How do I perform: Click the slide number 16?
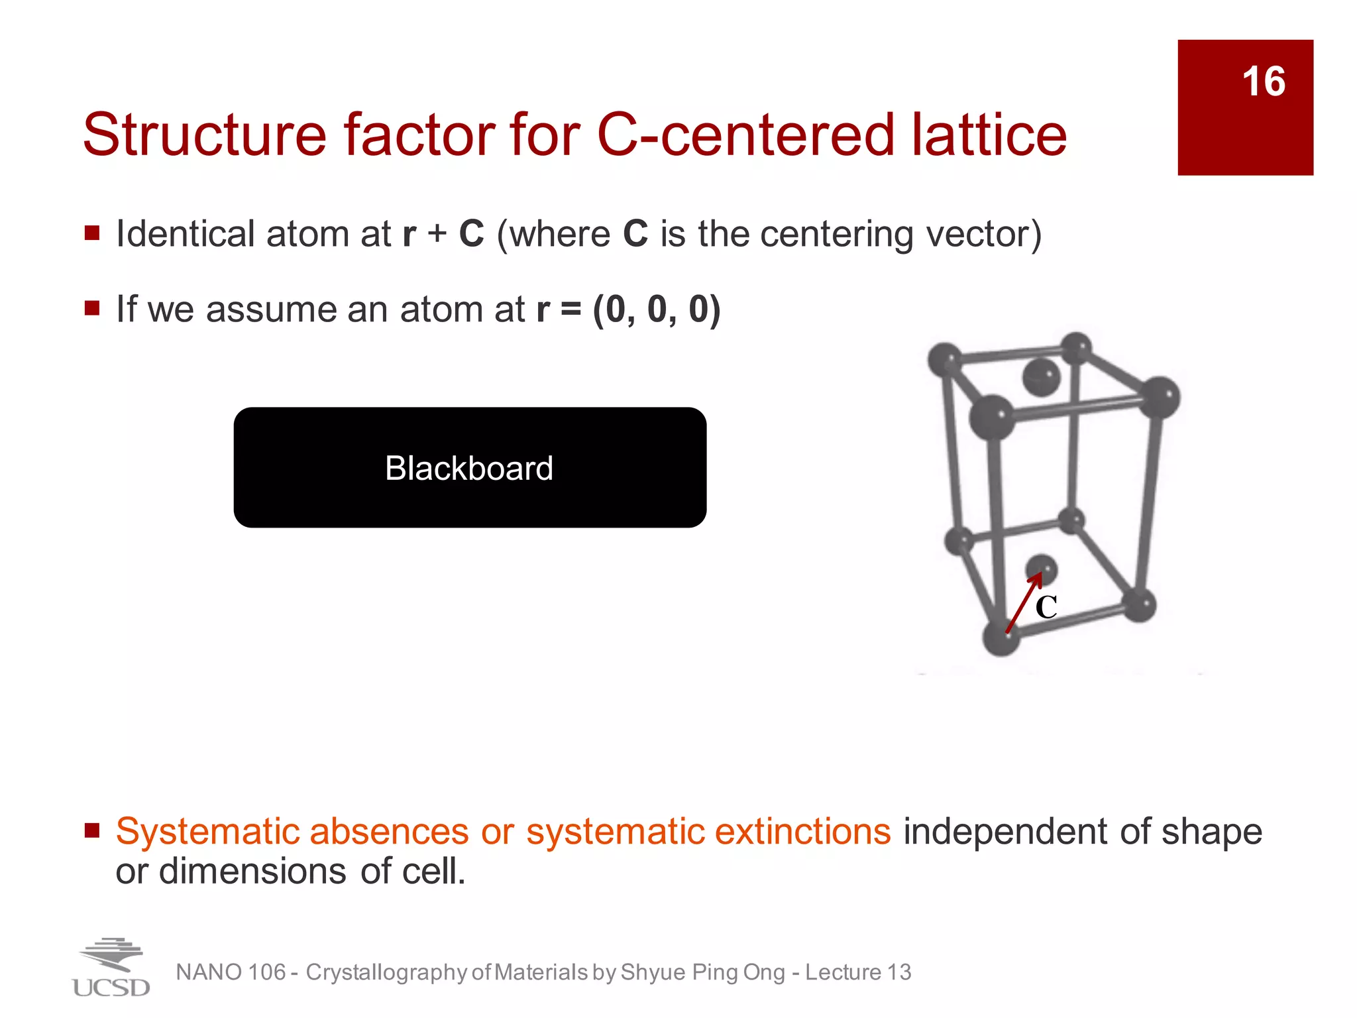tap(1263, 82)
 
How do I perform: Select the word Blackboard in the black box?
tap(469, 469)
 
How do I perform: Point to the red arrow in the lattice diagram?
tap(1022, 603)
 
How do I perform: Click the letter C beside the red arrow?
tap(1046, 607)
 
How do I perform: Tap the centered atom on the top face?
tap(1041, 377)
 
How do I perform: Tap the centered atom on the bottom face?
tap(1042, 568)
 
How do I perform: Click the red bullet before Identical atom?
tap(92, 233)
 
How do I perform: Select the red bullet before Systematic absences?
tap(92, 830)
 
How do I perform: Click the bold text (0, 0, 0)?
tap(656, 310)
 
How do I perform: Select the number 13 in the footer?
tap(899, 972)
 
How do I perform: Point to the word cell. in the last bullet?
tap(433, 871)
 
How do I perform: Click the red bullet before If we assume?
tap(92, 308)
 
